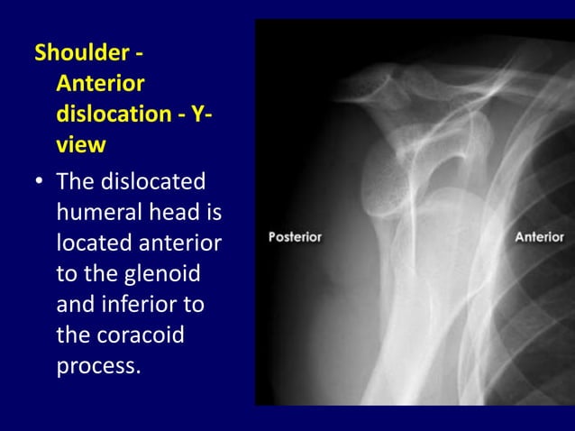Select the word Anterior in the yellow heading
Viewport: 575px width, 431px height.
[x=100, y=85]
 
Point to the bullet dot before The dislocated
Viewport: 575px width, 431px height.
[x=40, y=183]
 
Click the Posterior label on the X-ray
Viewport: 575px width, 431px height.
[x=296, y=237]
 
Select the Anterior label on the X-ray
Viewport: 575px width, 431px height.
[x=540, y=237]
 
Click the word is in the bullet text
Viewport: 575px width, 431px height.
[x=212, y=213]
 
